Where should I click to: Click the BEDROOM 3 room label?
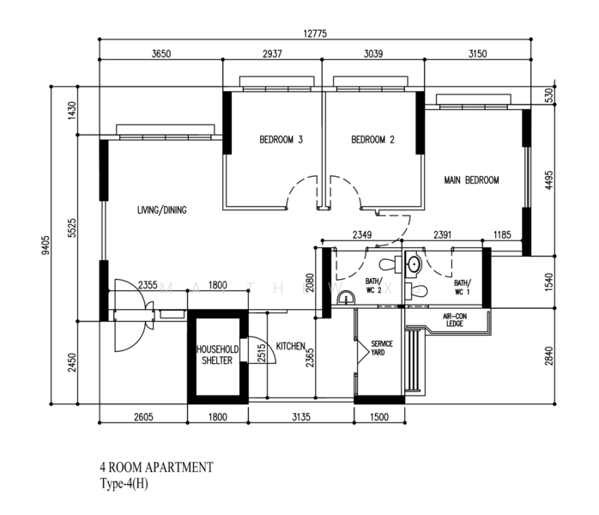[x=281, y=140]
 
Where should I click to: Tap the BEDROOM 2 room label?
[x=372, y=140]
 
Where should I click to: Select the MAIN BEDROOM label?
[x=471, y=180]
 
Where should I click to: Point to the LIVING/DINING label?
[x=162, y=209]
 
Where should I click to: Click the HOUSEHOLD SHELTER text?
[x=217, y=355]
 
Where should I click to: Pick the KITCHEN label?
[x=291, y=346]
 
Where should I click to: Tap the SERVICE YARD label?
[x=381, y=348]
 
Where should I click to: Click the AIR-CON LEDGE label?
[x=455, y=320]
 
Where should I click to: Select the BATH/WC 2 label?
[x=373, y=286]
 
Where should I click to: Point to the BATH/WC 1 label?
[x=463, y=288]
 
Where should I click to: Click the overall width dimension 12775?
[x=315, y=33]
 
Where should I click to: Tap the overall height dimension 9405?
[x=45, y=245]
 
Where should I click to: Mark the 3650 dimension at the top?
[x=161, y=53]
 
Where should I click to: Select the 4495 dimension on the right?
[x=548, y=180]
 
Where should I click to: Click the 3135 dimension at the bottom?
[x=301, y=417]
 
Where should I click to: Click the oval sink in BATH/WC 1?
[x=414, y=264]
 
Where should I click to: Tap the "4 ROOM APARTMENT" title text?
[x=157, y=467]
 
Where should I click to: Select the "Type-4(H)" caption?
[x=124, y=484]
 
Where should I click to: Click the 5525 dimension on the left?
[x=72, y=228]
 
